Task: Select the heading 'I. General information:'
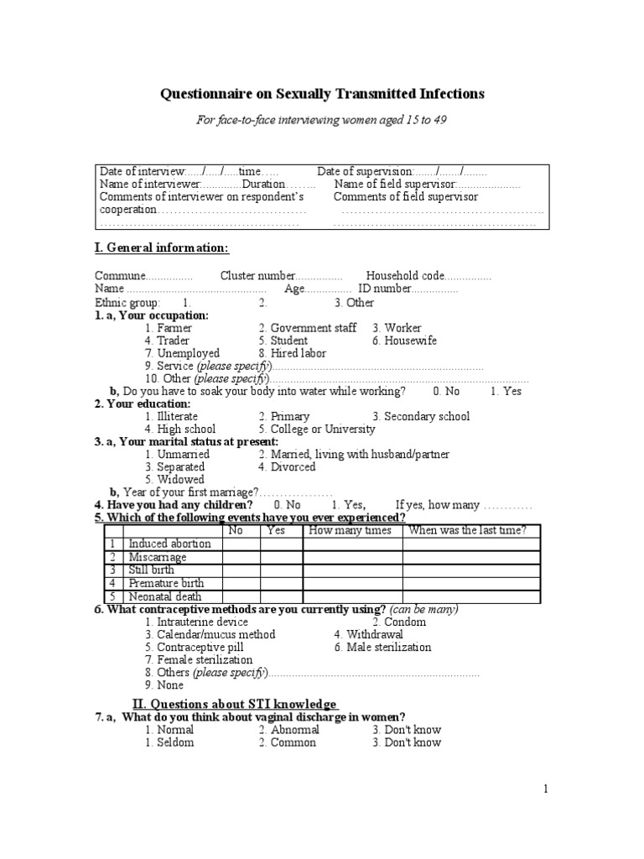(161, 248)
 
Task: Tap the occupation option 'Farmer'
(174, 328)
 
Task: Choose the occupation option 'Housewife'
(410, 341)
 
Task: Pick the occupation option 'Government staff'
(313, 328)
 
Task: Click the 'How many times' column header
(351, 530)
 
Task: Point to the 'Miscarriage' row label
(158, 557)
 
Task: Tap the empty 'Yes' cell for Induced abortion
(280, 544)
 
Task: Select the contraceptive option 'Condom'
(405, 622)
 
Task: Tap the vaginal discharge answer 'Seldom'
(174, 742)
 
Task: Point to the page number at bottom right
(545, 789)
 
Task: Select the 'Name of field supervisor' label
(395, 184)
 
